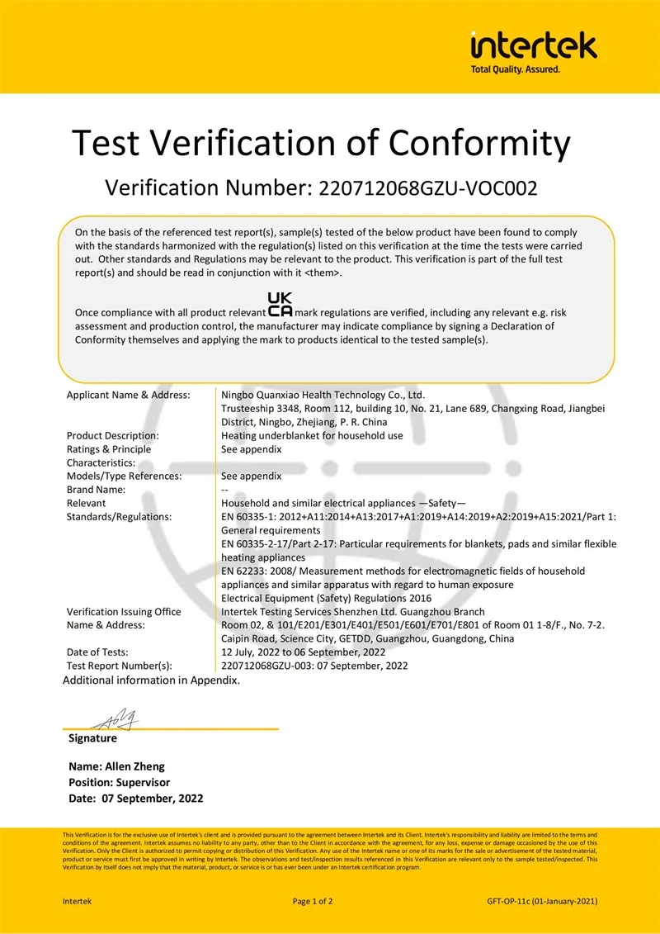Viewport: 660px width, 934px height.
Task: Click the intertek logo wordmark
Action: pos(533,45)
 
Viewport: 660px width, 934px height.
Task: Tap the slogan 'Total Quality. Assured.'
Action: pos(515,69)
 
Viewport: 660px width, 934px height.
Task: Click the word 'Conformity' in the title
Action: pos(479,143)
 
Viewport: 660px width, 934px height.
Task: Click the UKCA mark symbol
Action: pos(280,305)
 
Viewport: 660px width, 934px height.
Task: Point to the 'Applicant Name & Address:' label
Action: pos(128,396)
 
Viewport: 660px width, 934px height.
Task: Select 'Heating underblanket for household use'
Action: pos(312,436)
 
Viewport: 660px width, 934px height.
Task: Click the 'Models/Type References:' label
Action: pos(124,476)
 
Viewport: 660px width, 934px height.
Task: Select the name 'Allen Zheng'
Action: pos(140,767)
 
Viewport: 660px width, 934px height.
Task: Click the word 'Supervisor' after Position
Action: pos(143,783)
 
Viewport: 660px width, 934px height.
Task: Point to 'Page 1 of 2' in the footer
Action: pos(313,901)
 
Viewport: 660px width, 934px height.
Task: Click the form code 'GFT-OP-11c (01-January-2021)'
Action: pos(542,901)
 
